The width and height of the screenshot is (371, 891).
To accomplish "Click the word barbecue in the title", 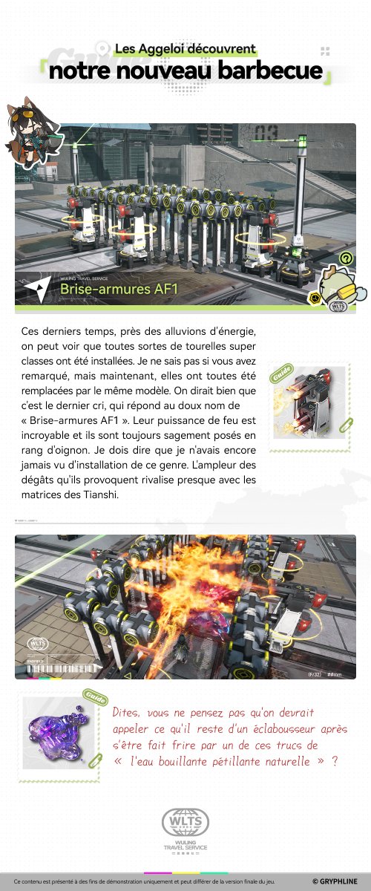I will (269, 71).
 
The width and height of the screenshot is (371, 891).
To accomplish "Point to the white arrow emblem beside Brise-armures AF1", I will (32, 287).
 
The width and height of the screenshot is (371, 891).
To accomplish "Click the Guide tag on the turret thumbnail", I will (280, 373).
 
